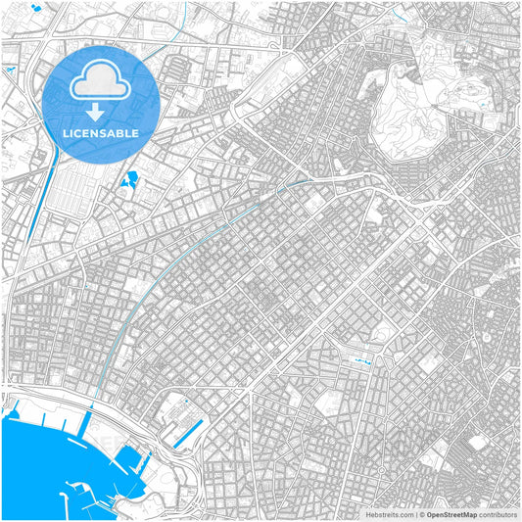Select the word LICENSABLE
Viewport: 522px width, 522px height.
click(101, 131)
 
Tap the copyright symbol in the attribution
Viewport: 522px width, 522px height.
click(421, 513)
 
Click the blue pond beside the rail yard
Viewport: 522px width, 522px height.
click(130, 179)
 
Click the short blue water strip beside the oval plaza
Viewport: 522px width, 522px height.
click(365, 362)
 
